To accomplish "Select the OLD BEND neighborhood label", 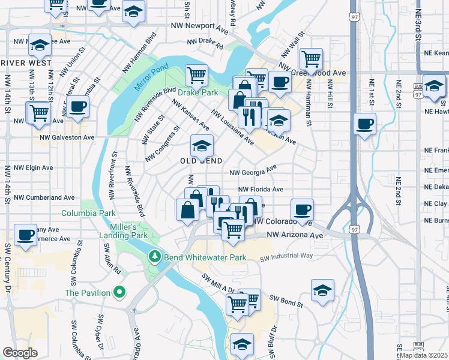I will pos(201,161).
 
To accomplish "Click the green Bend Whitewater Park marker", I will pos(155,257).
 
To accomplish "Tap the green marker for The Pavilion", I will pos(119,293).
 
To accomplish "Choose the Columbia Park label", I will pos(88,213).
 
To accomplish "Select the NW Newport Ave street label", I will pos(200,27).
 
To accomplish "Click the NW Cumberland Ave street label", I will pos(44,197).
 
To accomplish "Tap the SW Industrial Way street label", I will pos(286,257).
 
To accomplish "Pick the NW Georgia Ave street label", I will pos(253,171).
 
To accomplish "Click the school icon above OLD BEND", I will pos(202,146).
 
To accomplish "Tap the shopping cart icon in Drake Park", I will pos(196,76).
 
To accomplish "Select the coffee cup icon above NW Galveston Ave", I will pos(77,107).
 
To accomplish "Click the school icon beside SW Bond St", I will pos(322,290).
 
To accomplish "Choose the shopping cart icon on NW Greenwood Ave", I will pos(311,59).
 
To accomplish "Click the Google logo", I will pos(20,353).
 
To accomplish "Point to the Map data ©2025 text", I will pos(423,355).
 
